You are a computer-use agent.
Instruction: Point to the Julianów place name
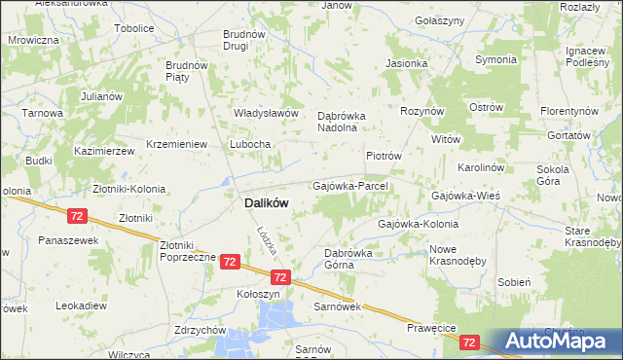(x=101, y=96)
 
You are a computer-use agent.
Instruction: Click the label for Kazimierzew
(x=104, y=152)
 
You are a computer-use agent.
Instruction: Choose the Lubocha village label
(x=250, y=144)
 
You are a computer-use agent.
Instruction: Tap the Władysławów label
(x=265, y=113)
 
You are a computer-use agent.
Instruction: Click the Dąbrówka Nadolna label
(x=340, y=121)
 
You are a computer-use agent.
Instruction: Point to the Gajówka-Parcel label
(x=350, y=185)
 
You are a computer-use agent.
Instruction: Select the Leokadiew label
(x=82, y=305)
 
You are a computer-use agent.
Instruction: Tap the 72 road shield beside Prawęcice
(x=470, y=342)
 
